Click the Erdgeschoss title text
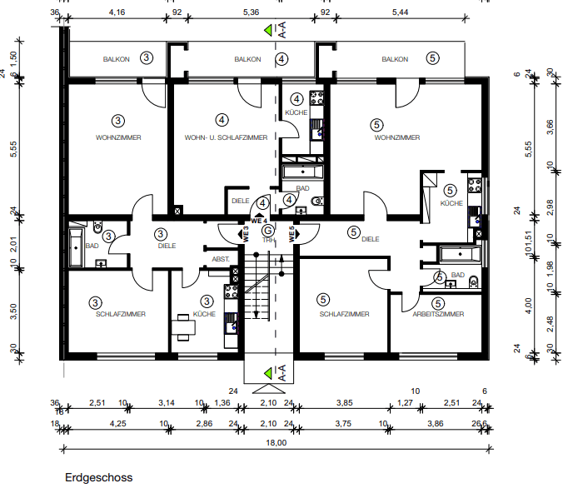98,478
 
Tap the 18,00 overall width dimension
276,442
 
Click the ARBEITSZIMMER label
438,314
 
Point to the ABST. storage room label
221,259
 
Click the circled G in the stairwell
268,231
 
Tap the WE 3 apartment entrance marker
246,234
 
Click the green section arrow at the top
268,31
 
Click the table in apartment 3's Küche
183,326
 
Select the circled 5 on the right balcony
432,58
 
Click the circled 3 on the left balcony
147,58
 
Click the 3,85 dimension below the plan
343,403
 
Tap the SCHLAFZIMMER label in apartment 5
343,314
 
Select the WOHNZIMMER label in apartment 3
118,137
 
